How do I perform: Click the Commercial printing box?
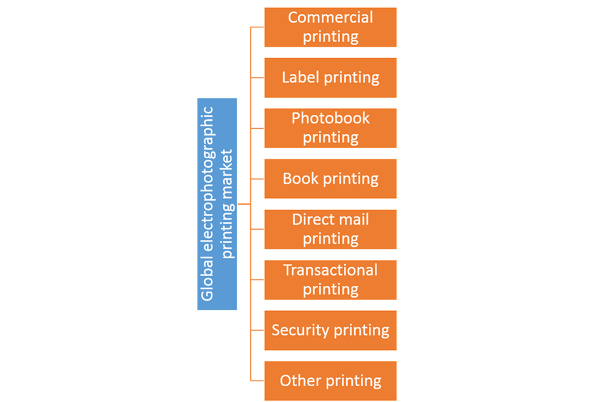click(x=330, y=27)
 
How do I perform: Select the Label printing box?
click(x=330, y=78)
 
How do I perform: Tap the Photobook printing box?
click(x=330, y=128)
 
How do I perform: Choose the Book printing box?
click(x=330, y=179)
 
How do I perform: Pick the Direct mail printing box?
click(x=330, y=229)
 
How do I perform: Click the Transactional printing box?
click(x=330, y=280)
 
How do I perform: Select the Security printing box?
click(x=330, y=331)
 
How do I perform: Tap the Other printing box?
click(x=330, y=381)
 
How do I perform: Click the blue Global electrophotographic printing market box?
click(x=217, y=204)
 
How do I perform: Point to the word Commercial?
click(x=330, y=17)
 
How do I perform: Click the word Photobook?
click(x=330, y=118)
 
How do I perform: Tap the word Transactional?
click(x=330, y=270)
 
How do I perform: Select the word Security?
click(x=296, y=331)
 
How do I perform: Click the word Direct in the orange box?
click(x=313, y=219)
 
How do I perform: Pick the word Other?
click(x=300, y=381)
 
